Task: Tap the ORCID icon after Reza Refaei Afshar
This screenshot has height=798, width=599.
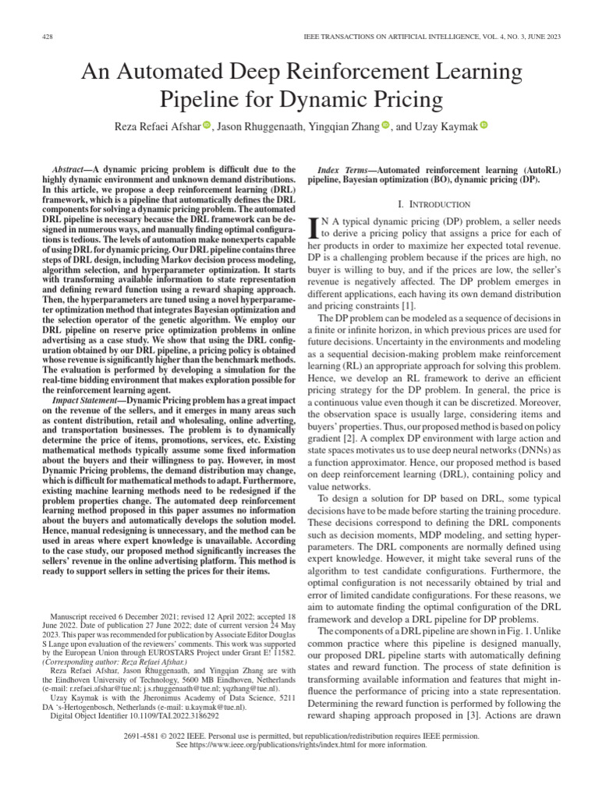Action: coord(207,125)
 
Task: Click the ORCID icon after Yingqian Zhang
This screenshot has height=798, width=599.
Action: coord(385,125)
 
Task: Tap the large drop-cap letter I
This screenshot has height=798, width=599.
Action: coord(314,227)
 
